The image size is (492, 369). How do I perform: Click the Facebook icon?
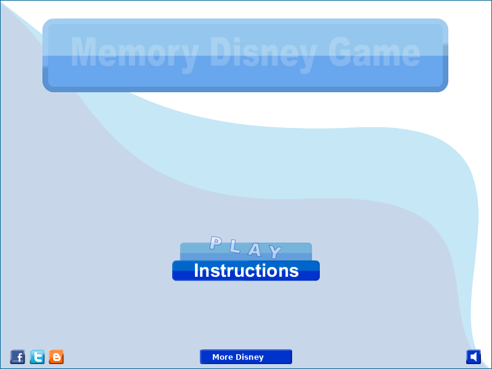coord(18,357)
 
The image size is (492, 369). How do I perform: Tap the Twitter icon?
coord(37,357)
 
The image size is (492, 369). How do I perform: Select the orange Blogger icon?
coord(57,357)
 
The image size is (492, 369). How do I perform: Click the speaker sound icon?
coord(474,357)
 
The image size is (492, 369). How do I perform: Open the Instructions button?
coord(246,271)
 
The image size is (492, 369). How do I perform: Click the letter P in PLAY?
coord(216,243)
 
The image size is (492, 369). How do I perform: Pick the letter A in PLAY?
coord(255,250)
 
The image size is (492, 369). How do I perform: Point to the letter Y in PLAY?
coord(275,252)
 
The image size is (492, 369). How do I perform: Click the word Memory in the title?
coord(135,54)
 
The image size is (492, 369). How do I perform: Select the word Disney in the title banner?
coord(263,54)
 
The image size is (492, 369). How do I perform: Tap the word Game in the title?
coord(374,52)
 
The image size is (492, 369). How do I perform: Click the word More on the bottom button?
coord(223,357)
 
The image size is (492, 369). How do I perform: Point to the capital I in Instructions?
coord(197,271)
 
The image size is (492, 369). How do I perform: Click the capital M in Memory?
coord(84,52)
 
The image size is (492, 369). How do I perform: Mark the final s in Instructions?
coord(294,272)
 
